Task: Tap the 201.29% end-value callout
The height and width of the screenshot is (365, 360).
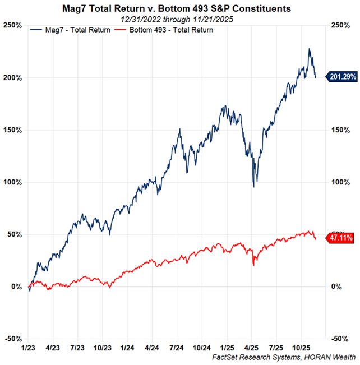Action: [343, 76]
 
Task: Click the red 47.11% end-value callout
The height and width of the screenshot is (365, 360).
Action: [343, 238]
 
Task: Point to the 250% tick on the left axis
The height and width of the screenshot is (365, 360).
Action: [13, 26]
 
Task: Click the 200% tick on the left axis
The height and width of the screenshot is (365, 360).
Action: [13, 78]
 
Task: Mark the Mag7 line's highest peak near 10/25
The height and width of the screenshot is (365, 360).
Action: [309, 49]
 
